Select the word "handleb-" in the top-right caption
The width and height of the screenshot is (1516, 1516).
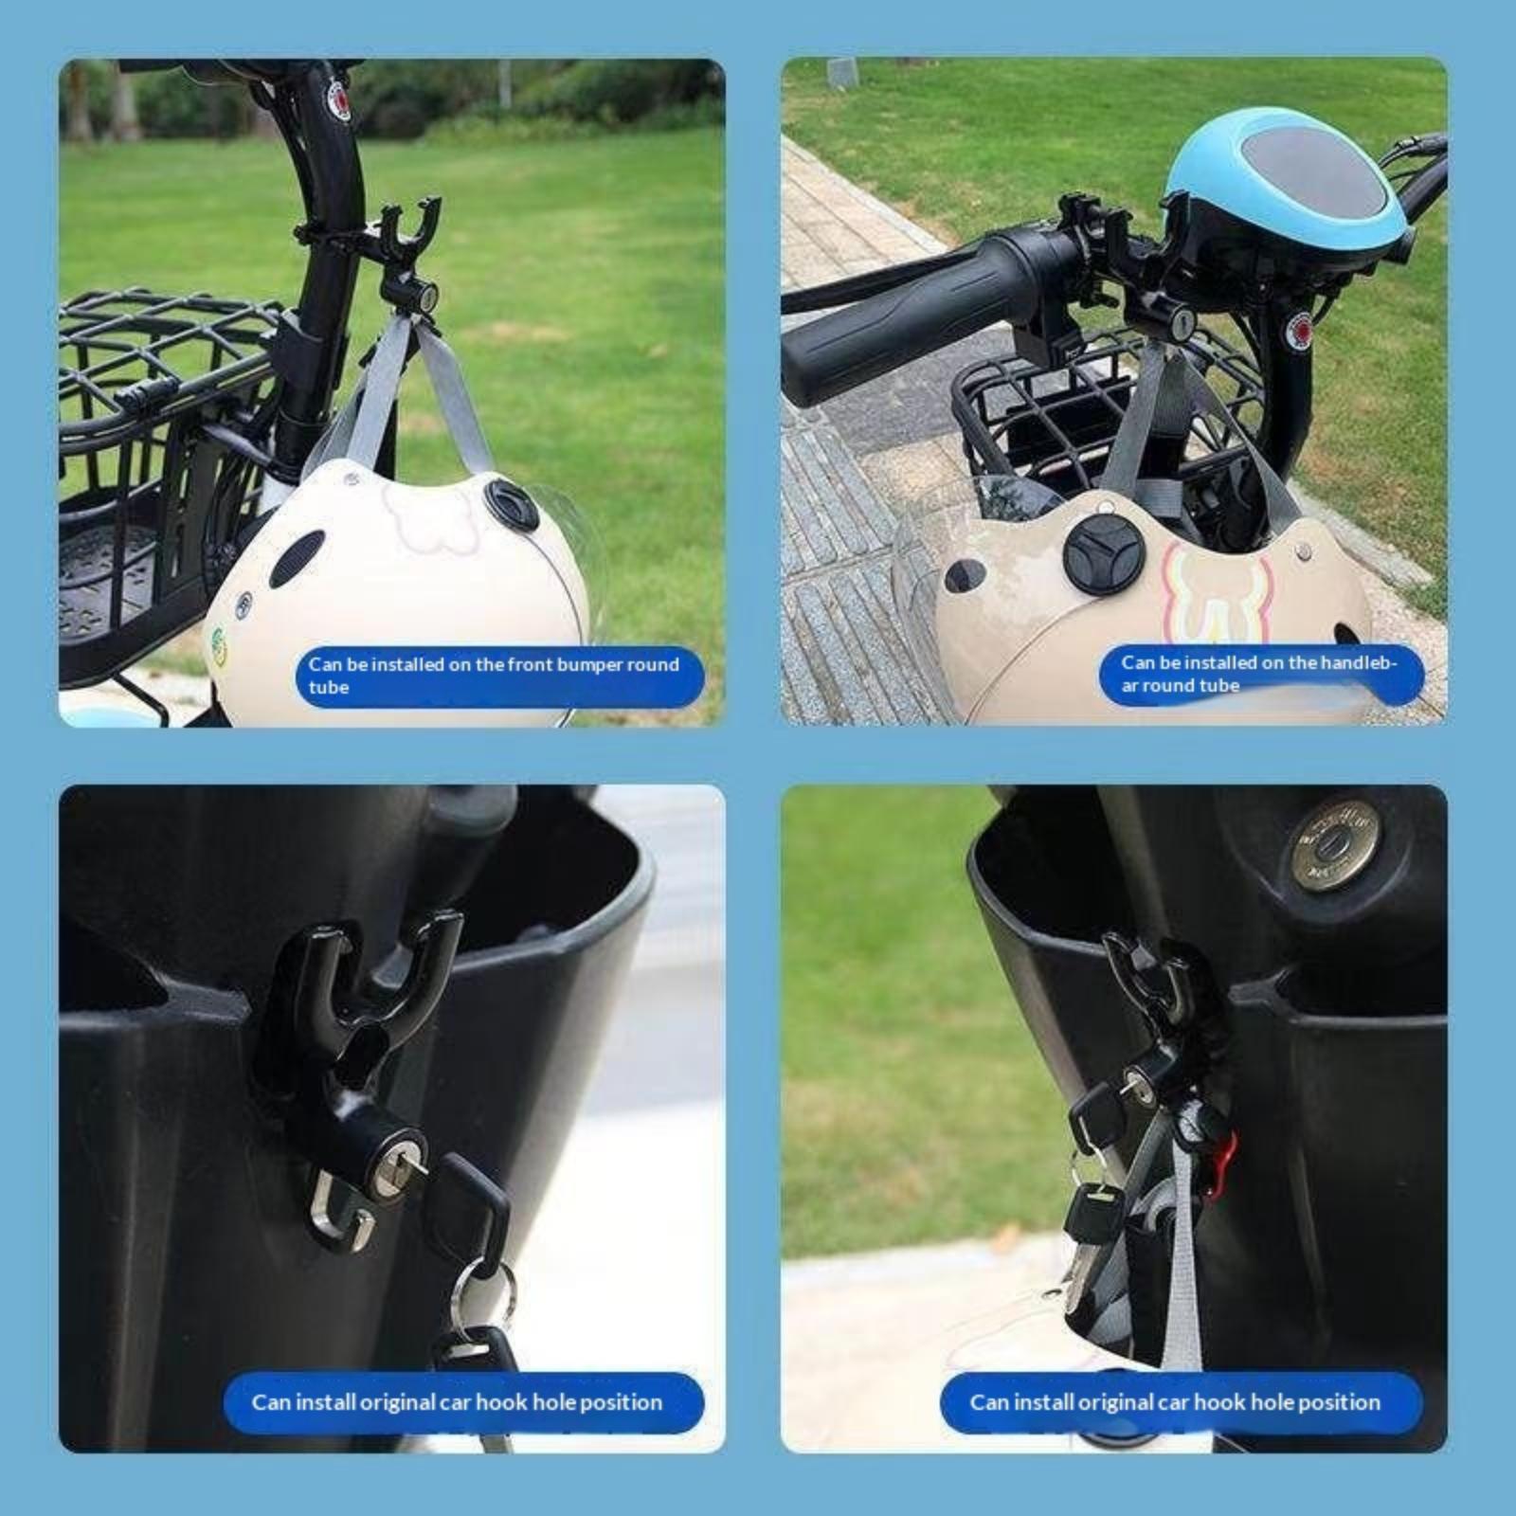tap(1354, 662)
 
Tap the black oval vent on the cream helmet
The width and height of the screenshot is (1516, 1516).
tap(304, 559)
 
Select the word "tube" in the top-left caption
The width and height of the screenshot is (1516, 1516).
tap(329, 687)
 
